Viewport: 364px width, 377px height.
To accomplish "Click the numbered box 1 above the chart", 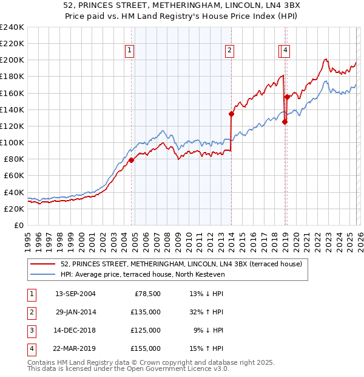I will [x=130, y=52].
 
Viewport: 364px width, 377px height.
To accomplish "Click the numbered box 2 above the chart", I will [x=230, y=52].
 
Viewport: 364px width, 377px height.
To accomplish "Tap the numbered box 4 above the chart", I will [x=285, y=52].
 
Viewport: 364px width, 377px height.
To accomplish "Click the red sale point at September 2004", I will [x=131, y=161].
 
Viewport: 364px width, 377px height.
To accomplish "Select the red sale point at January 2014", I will [x=231, y=114].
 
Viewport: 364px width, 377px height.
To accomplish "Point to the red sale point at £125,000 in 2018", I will [x=285, y=122].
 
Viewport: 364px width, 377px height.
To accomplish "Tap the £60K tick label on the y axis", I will [x=13, y=176].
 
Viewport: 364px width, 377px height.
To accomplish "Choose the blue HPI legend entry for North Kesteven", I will [x=143, y=275].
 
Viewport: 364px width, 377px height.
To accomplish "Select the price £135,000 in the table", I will [x=146, y=313].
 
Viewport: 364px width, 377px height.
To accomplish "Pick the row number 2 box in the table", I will [x=30, y=313].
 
